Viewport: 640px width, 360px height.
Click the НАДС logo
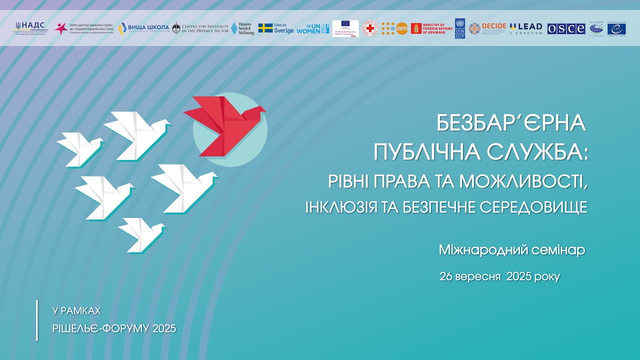pyautogui.click(x=31, y=28)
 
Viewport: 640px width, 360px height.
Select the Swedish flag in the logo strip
pyautogui.click(x=265, y=28)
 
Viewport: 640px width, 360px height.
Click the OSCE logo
pyautogui.click(x=566, y=28)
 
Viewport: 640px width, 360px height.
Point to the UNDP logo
pyautogui.click(x=459, y=28)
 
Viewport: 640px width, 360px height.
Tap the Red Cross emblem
pyautogui.click(x=370, y=28)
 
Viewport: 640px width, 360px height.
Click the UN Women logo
pyautogui.click(x=312, y=28)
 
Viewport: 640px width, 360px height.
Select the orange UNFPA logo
pyautogui.click(x=395, y=28)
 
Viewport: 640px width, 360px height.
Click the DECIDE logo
pyautogui.click(x=487, y=28)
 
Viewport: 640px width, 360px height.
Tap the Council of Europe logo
pyautogui.click(x=616, y=28)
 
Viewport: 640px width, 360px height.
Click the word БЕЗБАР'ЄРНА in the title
pyautogui.click(x=511, y=123)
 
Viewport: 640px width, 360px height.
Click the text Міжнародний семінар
pyautogui.click(x=511, y=250)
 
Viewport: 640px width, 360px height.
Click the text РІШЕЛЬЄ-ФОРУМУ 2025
pyautogui.click(x=114, y=328)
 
